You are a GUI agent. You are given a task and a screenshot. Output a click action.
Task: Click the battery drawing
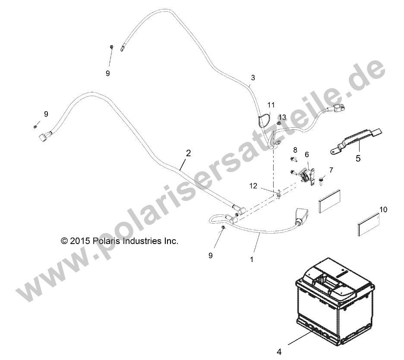[335, 301]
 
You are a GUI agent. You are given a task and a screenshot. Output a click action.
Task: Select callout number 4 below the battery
[279, 351]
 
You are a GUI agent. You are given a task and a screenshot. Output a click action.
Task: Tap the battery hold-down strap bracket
[356, 141]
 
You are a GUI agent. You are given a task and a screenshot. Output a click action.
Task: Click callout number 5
[358, 158]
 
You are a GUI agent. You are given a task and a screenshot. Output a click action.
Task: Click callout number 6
[306, 154]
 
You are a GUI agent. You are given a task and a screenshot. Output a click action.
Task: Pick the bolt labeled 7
[321, 180]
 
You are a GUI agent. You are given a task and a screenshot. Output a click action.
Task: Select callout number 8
[295, 150]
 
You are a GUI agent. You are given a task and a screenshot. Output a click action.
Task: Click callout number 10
[383, 210]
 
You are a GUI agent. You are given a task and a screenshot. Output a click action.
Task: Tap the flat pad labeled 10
[369, 224]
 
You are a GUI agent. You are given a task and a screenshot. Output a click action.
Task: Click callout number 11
[271, 105]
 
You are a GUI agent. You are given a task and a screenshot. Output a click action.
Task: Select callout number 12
[253, 185]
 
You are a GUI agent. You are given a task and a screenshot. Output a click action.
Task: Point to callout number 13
[282, 117]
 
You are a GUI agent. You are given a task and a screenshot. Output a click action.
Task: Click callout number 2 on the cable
[188, 153]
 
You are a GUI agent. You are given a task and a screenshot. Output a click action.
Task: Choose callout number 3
[253, 78]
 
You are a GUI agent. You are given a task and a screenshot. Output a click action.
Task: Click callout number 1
[252, 260]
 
